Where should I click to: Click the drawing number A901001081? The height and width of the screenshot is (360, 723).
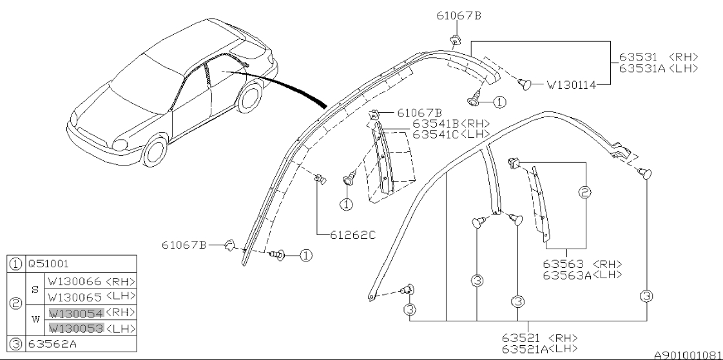tap(688, 355)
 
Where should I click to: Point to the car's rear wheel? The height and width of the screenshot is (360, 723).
tap(248, 99)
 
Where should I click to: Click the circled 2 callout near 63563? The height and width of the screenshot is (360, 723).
tap(585, 193)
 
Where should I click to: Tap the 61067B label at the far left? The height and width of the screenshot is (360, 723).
tap(184, 245)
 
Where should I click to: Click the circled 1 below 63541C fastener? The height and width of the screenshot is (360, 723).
tap(346, 204)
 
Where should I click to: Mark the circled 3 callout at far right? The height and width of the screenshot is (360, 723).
tap(645, 296)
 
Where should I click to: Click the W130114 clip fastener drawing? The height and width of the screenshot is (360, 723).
tap(525, 82)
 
